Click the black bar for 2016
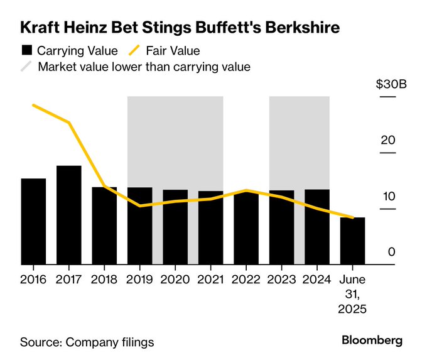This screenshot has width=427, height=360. point(33,222)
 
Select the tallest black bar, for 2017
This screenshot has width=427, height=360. point(69,215)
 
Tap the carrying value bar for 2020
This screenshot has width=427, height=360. point(175,227)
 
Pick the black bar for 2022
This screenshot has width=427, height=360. point(246,228)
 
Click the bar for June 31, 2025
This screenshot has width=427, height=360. point(353,241)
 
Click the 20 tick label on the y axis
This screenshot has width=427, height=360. point(387,140)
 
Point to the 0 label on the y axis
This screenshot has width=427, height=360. point(391,252)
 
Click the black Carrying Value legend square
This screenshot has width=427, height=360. point(26,51)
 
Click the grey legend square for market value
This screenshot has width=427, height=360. point(26,67)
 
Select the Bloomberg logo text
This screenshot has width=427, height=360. point(372,340)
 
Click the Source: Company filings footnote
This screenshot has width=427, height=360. point(87,342)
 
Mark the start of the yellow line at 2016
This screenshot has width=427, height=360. point(33,105)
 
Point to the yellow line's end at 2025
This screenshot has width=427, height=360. point(353,218)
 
